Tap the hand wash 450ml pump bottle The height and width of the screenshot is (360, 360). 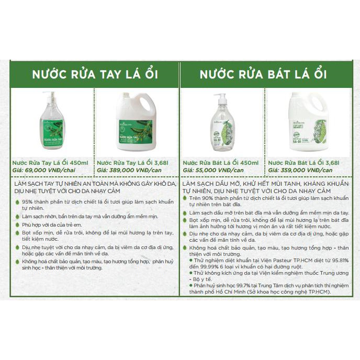click(53, 123)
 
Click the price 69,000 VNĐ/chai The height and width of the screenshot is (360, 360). click(47, 171)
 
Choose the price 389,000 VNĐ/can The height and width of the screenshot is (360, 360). click(133, 171)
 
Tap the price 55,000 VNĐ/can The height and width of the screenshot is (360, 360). click(218, 171)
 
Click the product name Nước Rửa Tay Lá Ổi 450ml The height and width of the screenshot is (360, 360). click(51, 163)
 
